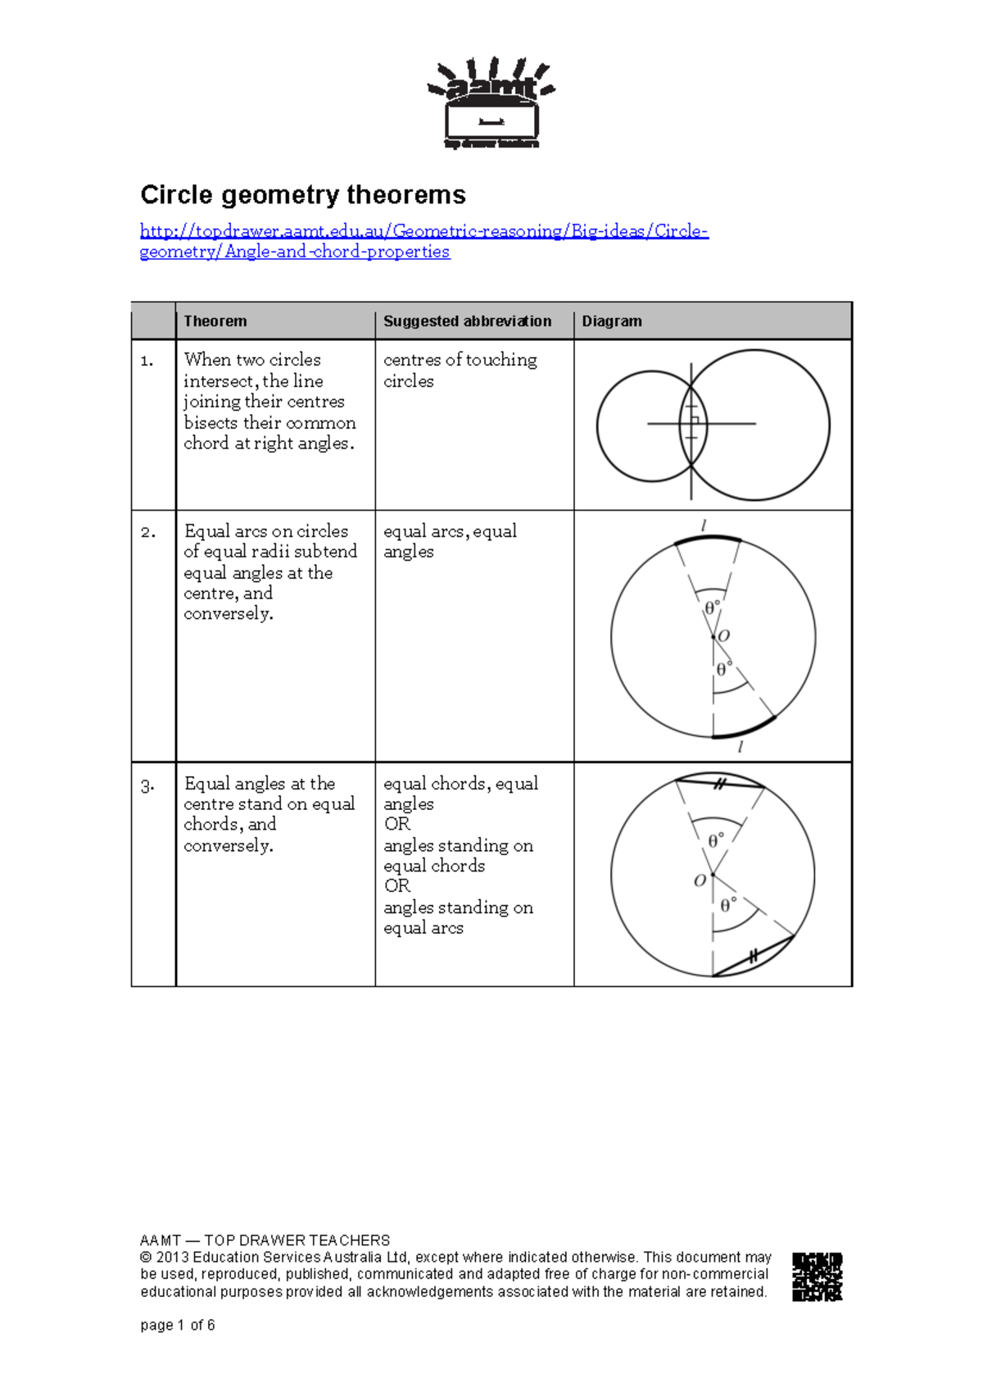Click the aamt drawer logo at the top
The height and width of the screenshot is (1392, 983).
(x=491, y=103)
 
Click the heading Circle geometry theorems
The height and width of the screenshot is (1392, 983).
(x=302, y=195)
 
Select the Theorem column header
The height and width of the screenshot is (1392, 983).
(x=215, y=321)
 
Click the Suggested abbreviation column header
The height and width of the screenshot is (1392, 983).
(x=467, y=321)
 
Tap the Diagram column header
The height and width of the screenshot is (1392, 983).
(x=611, y=321)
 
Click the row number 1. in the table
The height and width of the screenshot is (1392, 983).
(x=147, y=361)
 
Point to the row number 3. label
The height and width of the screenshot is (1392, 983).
(x=147, y=785)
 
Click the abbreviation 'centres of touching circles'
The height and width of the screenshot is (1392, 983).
(x=460, y=370)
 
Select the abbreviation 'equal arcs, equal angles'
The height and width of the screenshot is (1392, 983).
(x=450, y=541)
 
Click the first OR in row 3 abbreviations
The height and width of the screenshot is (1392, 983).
(x=396, y=824)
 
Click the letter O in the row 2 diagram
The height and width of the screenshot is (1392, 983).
(x=723, y=636)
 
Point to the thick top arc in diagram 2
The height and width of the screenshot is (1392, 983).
(x=707, y=538)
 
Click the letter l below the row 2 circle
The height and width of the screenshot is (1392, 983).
(x=740, y=747)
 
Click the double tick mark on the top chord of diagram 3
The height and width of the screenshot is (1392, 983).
(x=719, y=784)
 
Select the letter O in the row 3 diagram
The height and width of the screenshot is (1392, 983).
(x=699, y=880)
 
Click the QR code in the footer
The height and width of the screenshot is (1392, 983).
(x=817, y=1276)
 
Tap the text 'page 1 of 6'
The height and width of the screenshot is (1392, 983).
(x=177, y=1325)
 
